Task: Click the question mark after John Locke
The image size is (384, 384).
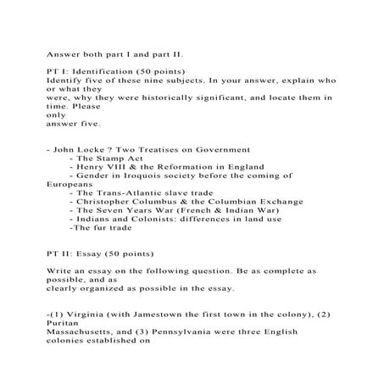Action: click(x=120, y=148)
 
